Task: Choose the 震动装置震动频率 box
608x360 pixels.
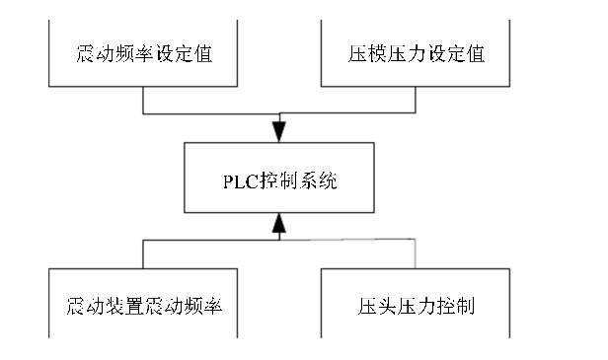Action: click(x=144, y=306)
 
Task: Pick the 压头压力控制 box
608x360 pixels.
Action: click(x=418, y=306)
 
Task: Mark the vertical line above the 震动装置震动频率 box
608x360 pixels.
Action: click(x=144, y=254)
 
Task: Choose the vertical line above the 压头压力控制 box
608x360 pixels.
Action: click(x=417, y=254)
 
